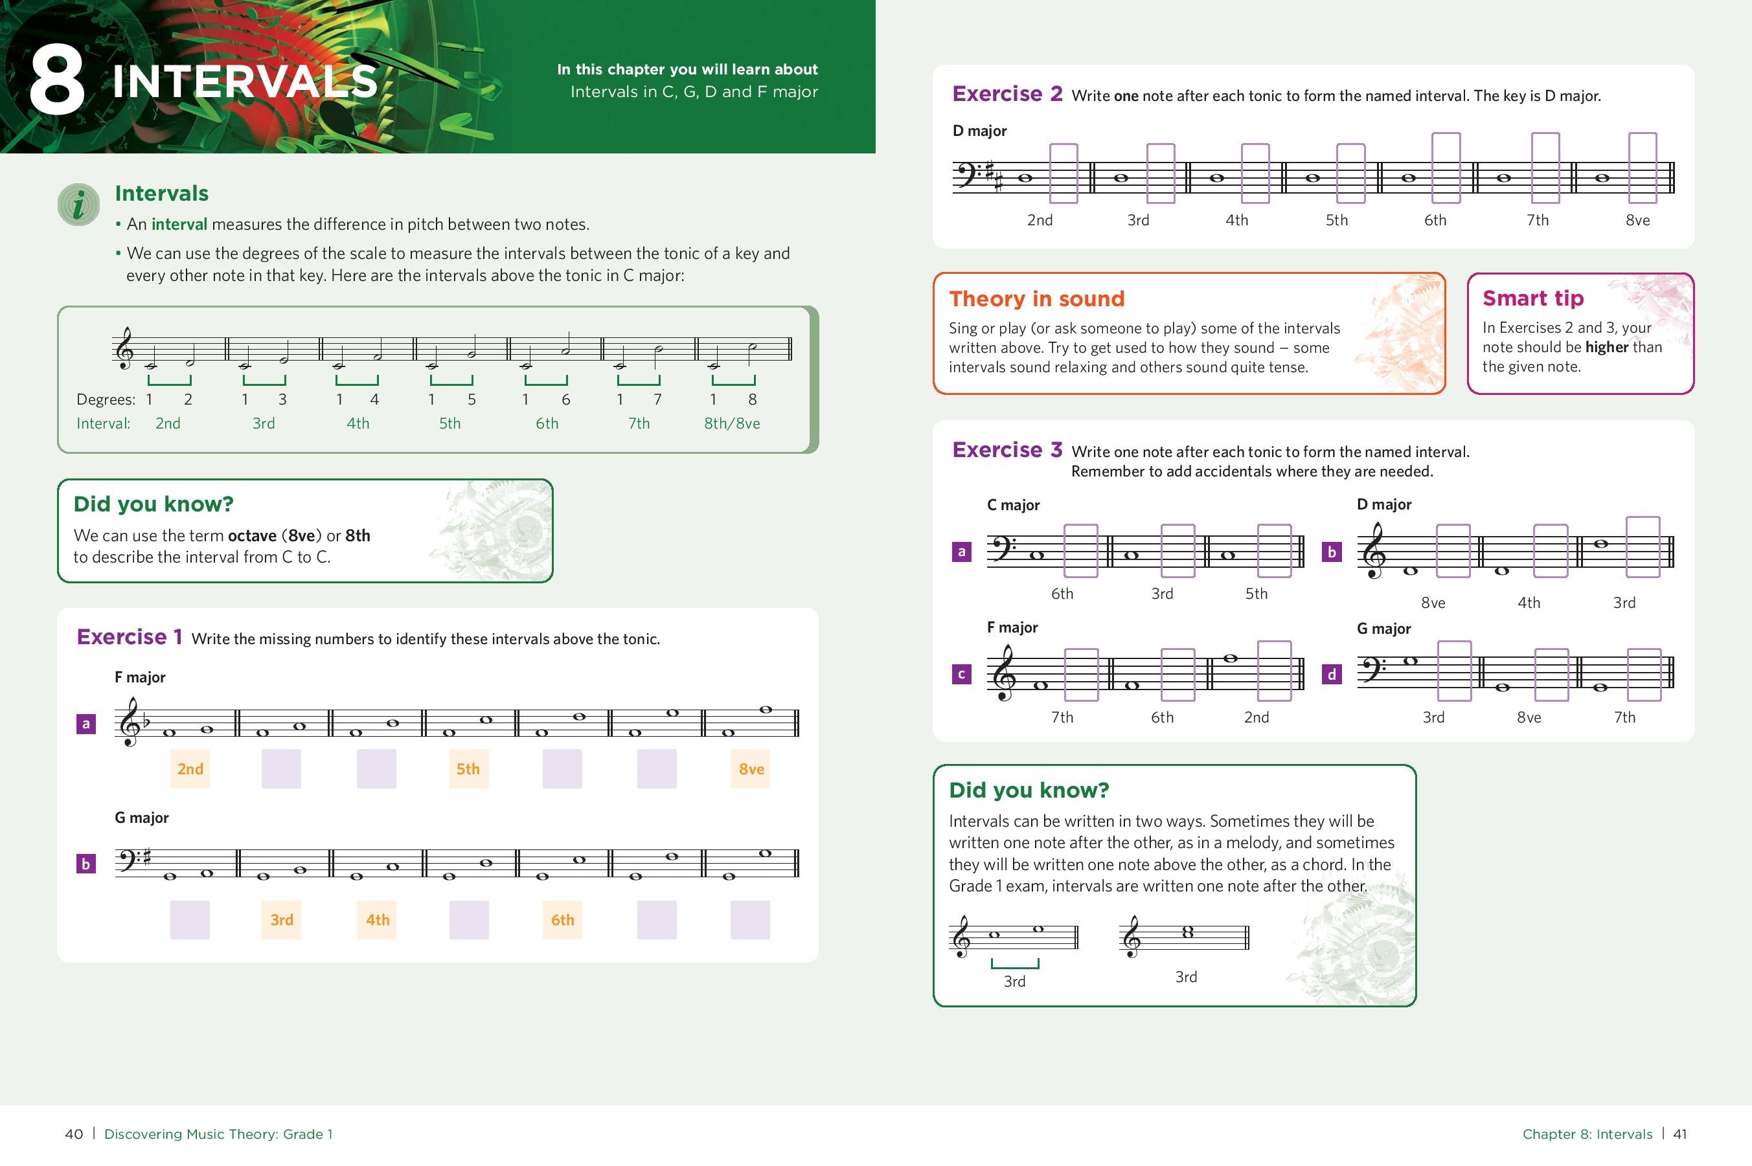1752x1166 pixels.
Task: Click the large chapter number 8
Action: pyautogui.click(x=56, y=80)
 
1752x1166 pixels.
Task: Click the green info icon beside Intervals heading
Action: pyautogui.click(x=78, y=205)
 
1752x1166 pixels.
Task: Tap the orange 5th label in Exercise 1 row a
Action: pyautogui.click(x=468, y=769)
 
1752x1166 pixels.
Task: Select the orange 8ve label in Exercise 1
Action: pyautogui.click(x=751, y=769)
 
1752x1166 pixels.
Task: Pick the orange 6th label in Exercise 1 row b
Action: pyautogui.click(x=562, y=920)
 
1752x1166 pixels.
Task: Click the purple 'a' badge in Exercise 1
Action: pyautogui.click(x=86, y=724)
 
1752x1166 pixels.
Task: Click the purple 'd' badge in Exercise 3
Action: pyautogui.click(x=1332, y=675)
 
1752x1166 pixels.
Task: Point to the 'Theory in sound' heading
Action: pyautogui.click(x=1036, y=299)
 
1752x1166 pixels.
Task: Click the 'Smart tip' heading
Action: pyautogui.click(x=1532, y=298)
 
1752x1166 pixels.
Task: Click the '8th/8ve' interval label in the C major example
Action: pyautogui.click(x=731, y=423)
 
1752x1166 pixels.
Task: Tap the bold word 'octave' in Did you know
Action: pyautogui.click(x=251, y=535)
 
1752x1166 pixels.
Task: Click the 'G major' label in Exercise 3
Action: pyautogui.click(x=1383, y=629)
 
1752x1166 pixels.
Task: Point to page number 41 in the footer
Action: pyautogui.click(x=1680, y=1134)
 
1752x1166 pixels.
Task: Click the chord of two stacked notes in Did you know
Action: pyautogui.click(x=1187, y=932)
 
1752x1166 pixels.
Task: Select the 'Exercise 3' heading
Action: pyautogui.click(x=1007, y=450)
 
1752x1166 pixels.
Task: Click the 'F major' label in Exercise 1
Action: pyautogui.click(x=140, y=677)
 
